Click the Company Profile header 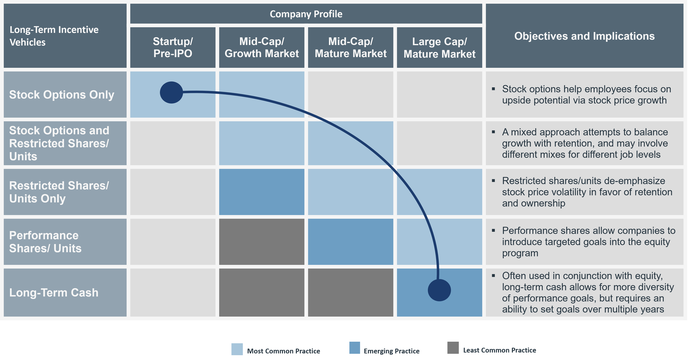(x=306, y=14)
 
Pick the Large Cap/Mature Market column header (x=439, y=48)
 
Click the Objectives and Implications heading (x=584, y=36)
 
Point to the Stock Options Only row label (x=62, y=95)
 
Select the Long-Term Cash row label (x=54, y=293)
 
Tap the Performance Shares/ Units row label (x=45, y=242)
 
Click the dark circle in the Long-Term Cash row (x=439, y=290)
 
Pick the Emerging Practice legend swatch (x=355, y=348)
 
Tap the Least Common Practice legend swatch (x=453, y=348)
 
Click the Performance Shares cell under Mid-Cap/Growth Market (x=262, y=242)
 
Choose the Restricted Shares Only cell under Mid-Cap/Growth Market (x=262, y=192)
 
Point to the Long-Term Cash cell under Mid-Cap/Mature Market (x=350, y=293)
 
